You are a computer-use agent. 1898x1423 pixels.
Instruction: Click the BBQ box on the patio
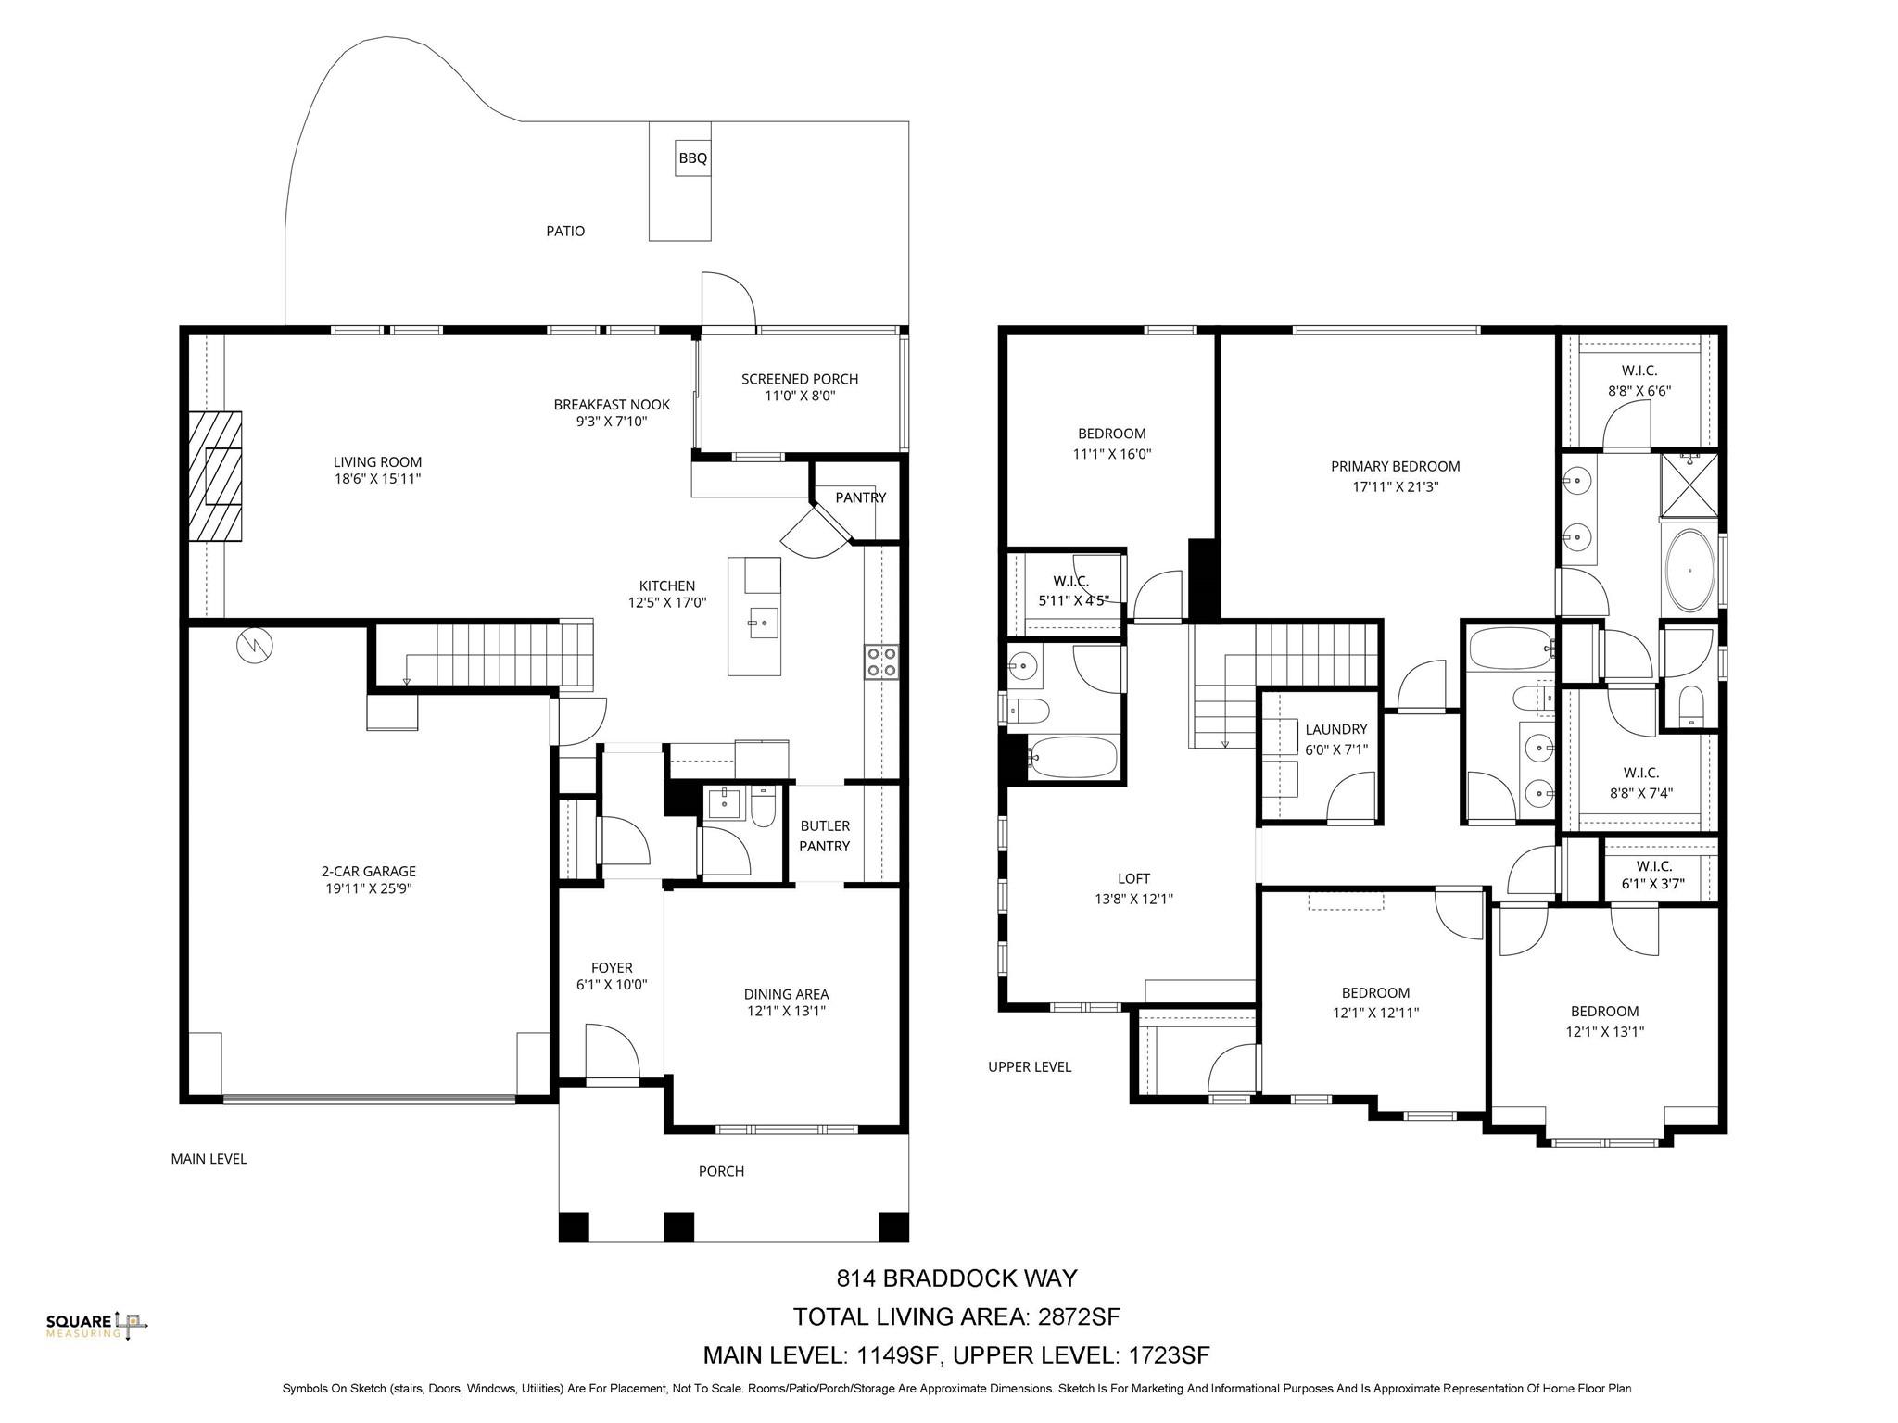tap(692, 158)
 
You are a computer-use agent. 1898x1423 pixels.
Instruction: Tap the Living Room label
tap(377, 462)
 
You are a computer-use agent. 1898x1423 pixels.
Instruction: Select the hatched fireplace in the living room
tap(215, 475)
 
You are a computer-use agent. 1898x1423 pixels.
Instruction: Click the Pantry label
tap(860, 497)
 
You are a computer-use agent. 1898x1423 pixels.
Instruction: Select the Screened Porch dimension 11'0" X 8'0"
tap(799, 397)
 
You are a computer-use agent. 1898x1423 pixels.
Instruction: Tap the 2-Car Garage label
tap(368, 871)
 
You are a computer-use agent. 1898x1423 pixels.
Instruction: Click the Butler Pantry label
tap(824, 836)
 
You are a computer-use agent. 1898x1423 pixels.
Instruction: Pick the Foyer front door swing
tap(613, 1051)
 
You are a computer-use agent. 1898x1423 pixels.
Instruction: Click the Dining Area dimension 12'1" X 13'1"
tap(785, 1012)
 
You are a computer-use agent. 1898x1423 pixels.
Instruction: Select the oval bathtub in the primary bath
tap(1690, 571)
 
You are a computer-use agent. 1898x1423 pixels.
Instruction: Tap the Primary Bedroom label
tap(1395, 467)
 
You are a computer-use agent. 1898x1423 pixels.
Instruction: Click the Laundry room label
tap(1335, 729)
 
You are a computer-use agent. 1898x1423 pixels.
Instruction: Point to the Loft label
tap(1133, 878)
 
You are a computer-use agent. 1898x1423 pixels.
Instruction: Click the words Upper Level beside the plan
tap(1029, 1067)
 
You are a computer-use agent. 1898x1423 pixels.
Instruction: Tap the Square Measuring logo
tap(96, 1326)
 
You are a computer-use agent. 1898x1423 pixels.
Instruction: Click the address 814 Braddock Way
tap(956, 1278)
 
